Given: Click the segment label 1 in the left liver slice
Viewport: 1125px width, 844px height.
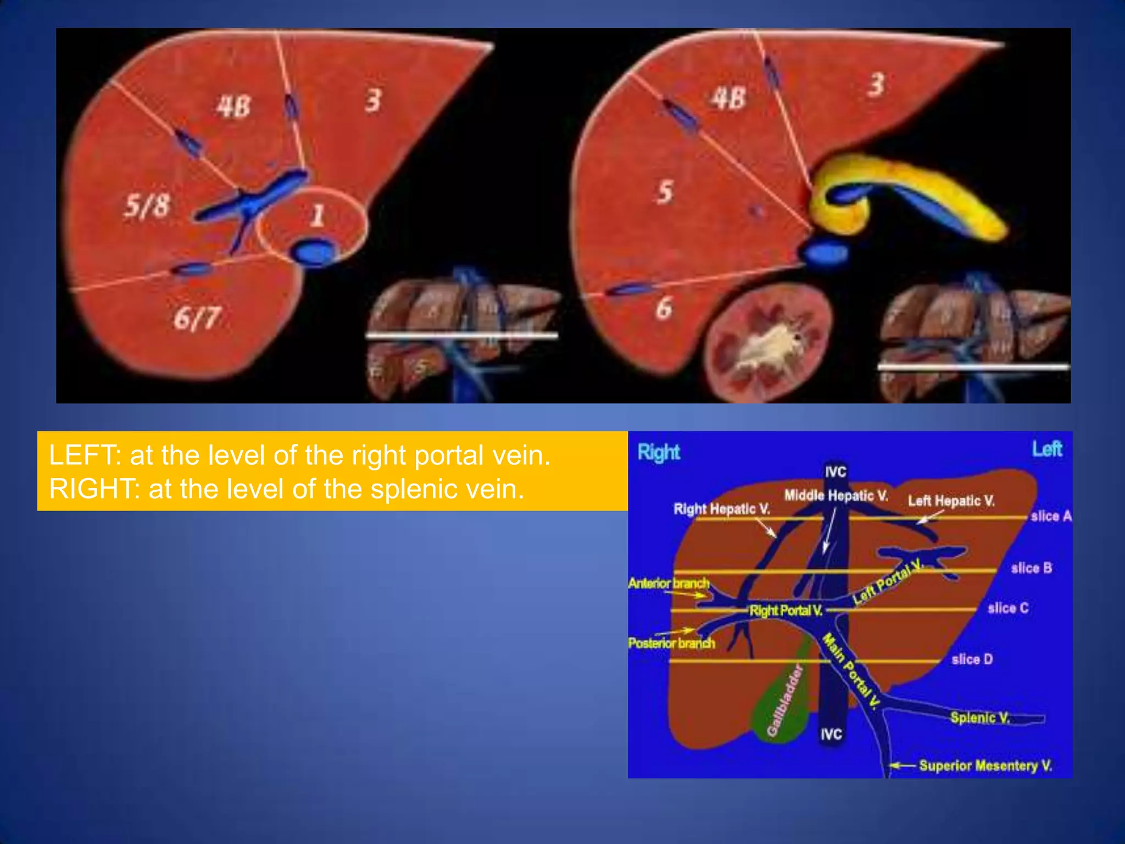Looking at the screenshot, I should pyautogui.click(x=317, y=215).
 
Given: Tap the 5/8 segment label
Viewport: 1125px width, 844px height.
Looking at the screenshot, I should pyautogui.click(x=147, y=206).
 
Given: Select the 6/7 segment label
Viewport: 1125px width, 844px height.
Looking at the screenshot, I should pyautogui.click(x=197, y=318).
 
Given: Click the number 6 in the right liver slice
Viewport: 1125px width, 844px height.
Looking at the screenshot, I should pyautogui.click(x=664, y=308).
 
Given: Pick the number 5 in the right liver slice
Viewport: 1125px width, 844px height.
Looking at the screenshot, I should pyautogui.click(x=665, y=192).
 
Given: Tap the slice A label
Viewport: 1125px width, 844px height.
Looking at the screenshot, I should pyautogui.click(x=1051, y=516).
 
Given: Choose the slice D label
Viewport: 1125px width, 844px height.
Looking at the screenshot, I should pyautogui.click(x=972, y=659).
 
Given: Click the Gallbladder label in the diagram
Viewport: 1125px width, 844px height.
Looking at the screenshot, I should pyautogui.click(x=785, y=700).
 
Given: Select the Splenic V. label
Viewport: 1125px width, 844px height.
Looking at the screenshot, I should pyautogui.click(x=980, y=718).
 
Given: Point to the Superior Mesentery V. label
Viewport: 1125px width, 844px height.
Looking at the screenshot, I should pyautogui.click(x=985, y=765).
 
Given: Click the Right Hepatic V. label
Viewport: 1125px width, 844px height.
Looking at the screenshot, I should pyautogui.click(x=721, y=509).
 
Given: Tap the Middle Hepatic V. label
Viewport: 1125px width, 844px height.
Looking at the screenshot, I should pyautogui.click(x=836, y=496).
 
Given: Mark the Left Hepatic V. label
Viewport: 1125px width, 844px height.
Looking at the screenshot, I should pyautogui.click(x=951, y=501).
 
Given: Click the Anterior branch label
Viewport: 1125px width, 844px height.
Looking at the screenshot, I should pyautogui.click(x=669, y=583).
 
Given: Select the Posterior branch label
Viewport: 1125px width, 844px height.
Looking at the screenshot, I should pyautogui.click(x=671, y=643).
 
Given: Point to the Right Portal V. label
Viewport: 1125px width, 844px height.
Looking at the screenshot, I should pyautogui.click(x=786, y=610).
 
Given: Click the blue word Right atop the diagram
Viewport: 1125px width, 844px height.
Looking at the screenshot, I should pyautogui.click(x=659, y=452).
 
